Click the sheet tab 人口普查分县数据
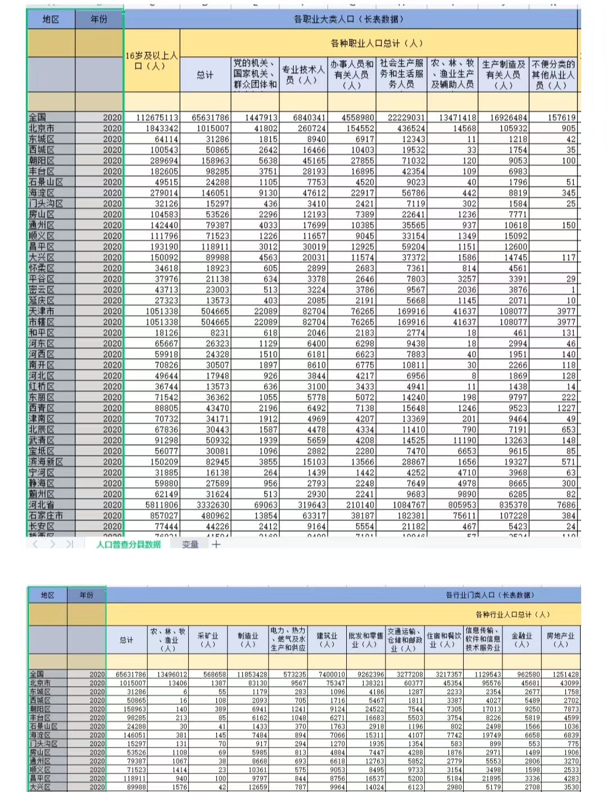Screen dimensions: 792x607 (128, 544)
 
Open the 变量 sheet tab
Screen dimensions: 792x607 (190, 544)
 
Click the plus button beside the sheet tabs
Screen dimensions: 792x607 (216, 544)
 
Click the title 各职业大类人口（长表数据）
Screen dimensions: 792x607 (349, 19)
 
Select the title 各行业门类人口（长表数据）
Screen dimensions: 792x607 (490, 595)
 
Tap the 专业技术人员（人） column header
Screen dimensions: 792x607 (303, 75)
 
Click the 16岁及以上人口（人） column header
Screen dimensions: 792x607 (152, 61)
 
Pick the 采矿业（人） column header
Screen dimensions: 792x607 (207, 640)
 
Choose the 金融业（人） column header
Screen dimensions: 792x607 (522, 640)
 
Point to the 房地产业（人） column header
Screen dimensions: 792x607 (560, 640)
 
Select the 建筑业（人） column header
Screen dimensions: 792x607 (327, 640)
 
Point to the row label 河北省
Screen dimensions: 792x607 (42, 505)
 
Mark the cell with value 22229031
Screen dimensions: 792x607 (401, 118)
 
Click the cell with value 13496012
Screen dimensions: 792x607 (167, 674)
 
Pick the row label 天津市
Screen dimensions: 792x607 (42, 311)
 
